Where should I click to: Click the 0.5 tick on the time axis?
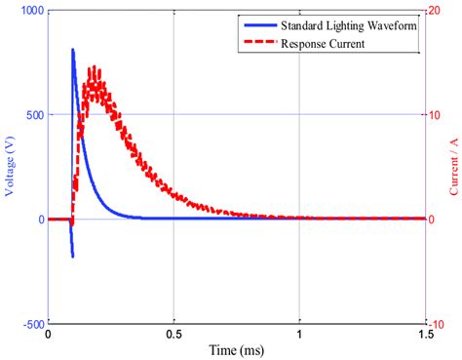pos(173,335)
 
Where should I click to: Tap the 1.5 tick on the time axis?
pos(424,335)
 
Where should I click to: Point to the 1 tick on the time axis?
pos(299,335)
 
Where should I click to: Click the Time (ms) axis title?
pos(235,350)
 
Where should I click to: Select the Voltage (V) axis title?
pos(11,167)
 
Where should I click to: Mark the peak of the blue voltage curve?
pos(73,50)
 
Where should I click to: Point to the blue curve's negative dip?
pos(72,256)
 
